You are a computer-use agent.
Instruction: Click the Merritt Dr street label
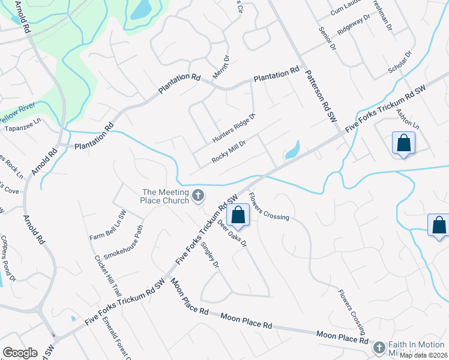pyautogui.click(x=221, y=68)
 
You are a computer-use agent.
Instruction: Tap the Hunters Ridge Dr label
pyautogui.click(x=234, y=128)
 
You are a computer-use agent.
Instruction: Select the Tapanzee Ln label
pyautogui.click(x=22, y=128)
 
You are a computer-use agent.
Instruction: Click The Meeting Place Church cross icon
pyautogui.click(x=198, y=195)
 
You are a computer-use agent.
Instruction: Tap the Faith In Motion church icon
pyautogui.click(x=379, y=347)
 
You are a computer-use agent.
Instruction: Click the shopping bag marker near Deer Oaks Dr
pyautogui.click(x=238, y=214)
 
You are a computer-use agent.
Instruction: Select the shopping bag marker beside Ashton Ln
pyautogui.click(x=403, y=143)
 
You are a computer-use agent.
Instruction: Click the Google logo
pyautogui.click(x=20, y=353)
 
